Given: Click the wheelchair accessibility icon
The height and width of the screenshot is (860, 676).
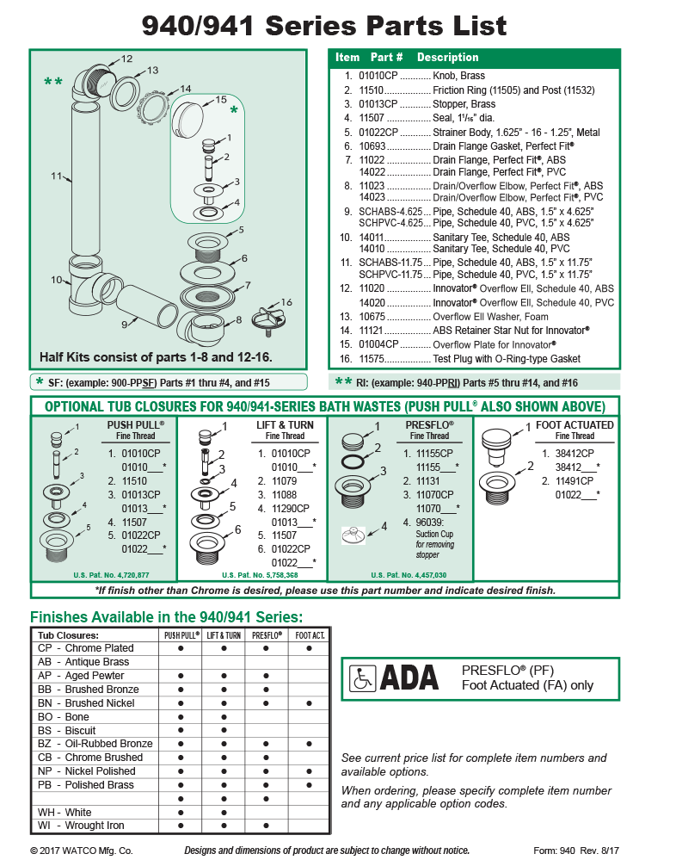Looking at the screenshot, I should pyautogui.click(x=362, y=680).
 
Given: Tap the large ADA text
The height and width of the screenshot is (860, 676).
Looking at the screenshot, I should pyautogui.click(x=409, y=679).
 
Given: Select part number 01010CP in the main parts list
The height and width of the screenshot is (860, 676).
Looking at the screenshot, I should pyautogui.click(x=378, y=76).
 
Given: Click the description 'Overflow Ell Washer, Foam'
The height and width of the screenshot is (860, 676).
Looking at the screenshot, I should pyautogui.click(x=490, y=317).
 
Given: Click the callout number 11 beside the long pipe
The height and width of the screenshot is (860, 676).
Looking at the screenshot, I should pyautogui.click(x=56, y=176).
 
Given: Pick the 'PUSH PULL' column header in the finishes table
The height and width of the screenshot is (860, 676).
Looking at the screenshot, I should pyautogui.click(x=181, y=635).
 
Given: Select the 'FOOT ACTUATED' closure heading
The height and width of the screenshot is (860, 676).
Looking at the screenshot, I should pyautogui.click(x=575, y=424).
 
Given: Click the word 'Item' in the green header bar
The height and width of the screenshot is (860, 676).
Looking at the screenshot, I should pyautogui.click(x=347, y=58).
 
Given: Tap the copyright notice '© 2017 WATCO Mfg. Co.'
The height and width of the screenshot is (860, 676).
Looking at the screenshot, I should pyautogui.click(x=82, y=850).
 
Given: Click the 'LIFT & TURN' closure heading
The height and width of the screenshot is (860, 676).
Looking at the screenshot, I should pyautogui.click(x=285, y=424).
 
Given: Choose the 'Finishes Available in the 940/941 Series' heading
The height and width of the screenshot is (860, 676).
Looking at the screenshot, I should pyautogui.click(x=166, y=616).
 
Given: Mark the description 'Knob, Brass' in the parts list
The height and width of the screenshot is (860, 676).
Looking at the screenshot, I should pyautogui.click(x=458, y=76).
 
